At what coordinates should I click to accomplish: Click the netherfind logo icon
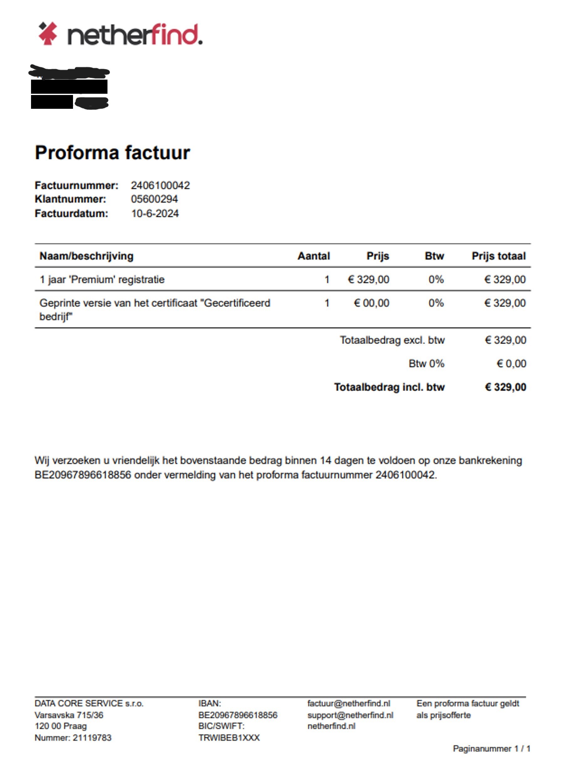point(48,34)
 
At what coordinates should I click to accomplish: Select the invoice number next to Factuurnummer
point(160,185)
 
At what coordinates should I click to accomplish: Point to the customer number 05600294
point(154,199)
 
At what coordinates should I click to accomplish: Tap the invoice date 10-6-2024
point(155,214)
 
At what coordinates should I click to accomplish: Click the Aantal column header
point(313,256)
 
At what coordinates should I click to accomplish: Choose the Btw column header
point(434,256)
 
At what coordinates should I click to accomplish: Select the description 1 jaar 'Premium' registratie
point(102,280)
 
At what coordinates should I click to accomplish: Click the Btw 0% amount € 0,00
point(511,364)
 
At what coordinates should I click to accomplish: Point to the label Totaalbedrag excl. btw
point(392,340)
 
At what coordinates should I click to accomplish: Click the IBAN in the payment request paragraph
point(83,475)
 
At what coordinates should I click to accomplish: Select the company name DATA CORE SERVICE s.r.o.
point(89,704)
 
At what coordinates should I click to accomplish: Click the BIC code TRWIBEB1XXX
point(229,738)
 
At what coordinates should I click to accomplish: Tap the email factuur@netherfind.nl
point(348,704)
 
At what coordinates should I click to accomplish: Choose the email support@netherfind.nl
point(350,715)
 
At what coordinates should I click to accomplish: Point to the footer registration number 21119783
point(92,738)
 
